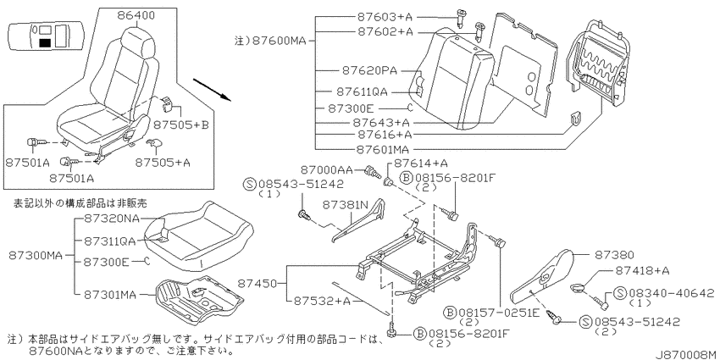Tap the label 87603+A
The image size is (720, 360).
tap(385, 17)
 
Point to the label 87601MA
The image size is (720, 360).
tap(384, 149)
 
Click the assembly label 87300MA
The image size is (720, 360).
tap(35, 255)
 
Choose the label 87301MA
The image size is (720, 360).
tap(110, 296)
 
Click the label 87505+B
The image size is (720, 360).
tap(181, 124)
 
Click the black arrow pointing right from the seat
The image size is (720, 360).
tap(211, 90)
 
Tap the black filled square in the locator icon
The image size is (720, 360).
tap(45, 43)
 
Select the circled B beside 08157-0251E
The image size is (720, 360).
tap(450, 313)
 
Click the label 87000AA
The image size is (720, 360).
tap(327, 170)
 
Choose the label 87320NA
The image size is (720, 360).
tap(112, 218)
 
